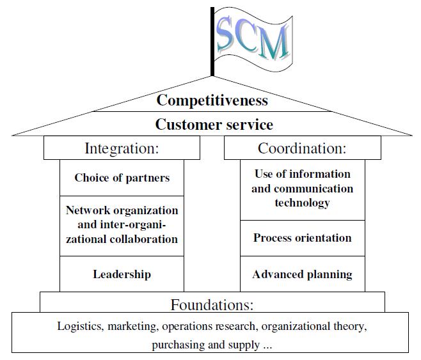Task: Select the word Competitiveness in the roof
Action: tap(212, 100)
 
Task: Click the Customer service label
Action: tap(214, 124)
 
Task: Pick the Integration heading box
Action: tap(122, 148)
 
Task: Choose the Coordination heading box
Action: tap(302, 148)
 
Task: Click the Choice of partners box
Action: tap(122, 178)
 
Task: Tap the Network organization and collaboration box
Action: tap(122, 224)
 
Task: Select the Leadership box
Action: tap(122, 274)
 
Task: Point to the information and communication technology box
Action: tap(302, 189)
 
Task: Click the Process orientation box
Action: tap(302, 238)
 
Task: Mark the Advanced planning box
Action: tap(302, 274)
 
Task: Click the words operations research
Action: tap(204, 327)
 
